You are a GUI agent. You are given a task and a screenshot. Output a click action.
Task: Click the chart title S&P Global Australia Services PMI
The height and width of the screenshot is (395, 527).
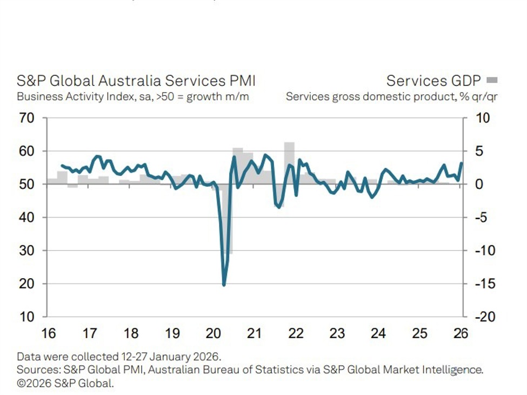[136, 81]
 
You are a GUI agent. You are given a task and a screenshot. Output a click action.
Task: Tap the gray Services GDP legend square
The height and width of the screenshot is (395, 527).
[492, 81]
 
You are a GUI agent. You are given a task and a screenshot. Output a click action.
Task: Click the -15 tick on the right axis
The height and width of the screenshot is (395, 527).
[484, 284]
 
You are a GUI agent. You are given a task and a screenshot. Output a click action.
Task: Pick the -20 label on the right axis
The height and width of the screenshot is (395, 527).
[484, 317]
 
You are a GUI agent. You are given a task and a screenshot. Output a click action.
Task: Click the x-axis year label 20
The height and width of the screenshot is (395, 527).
[214, 333]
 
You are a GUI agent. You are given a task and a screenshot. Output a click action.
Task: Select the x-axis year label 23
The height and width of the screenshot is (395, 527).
[337, 333]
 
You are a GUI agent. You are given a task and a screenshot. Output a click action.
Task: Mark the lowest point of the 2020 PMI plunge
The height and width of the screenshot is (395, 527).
[224, 285]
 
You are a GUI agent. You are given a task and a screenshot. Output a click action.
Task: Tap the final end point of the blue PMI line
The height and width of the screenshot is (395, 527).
[462, 163]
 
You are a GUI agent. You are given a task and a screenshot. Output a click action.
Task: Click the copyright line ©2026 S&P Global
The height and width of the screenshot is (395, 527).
[65, 383]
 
